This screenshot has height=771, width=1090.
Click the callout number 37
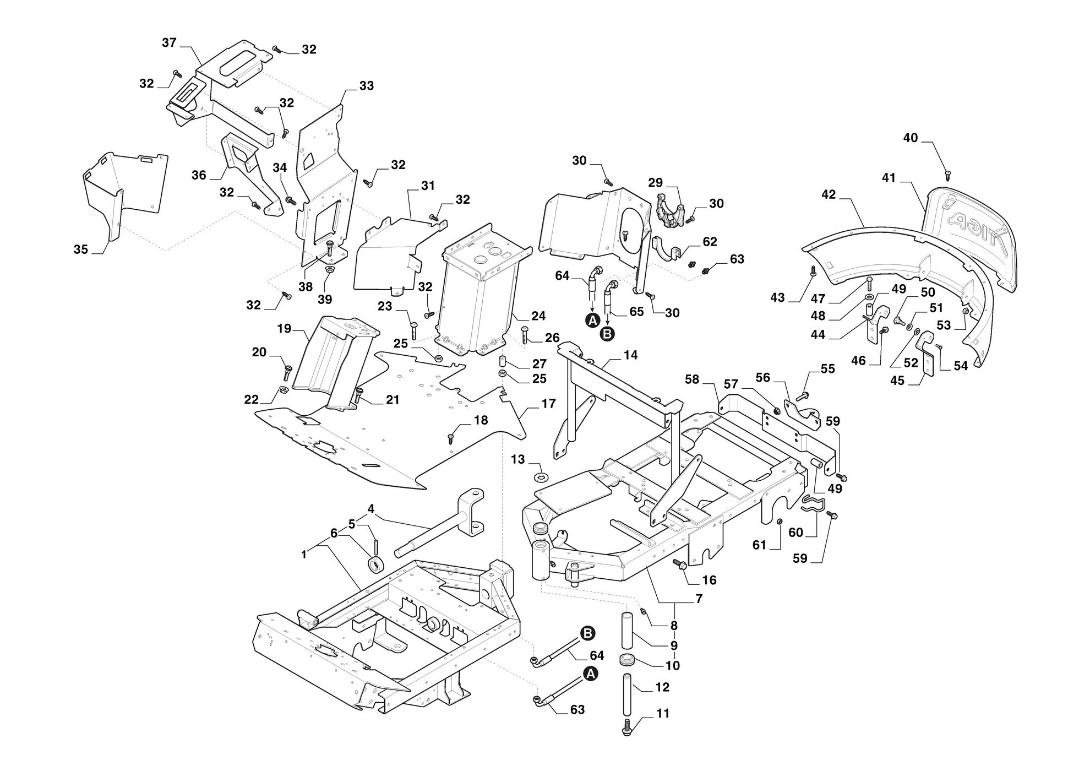pos(169,42)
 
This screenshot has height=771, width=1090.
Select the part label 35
pos(81,249)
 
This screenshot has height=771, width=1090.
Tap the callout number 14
pos(630,355)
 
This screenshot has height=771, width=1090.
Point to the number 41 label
pos(889,178)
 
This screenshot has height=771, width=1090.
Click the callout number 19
pos(284,329)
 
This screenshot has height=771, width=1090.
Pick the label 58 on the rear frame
pos(692,379)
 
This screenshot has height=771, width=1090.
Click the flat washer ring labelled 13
pos(542,475)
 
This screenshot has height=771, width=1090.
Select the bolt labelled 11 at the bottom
pos(628,726)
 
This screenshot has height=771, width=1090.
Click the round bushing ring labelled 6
pos(375,566)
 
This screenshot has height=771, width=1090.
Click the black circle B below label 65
pos(607,334)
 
